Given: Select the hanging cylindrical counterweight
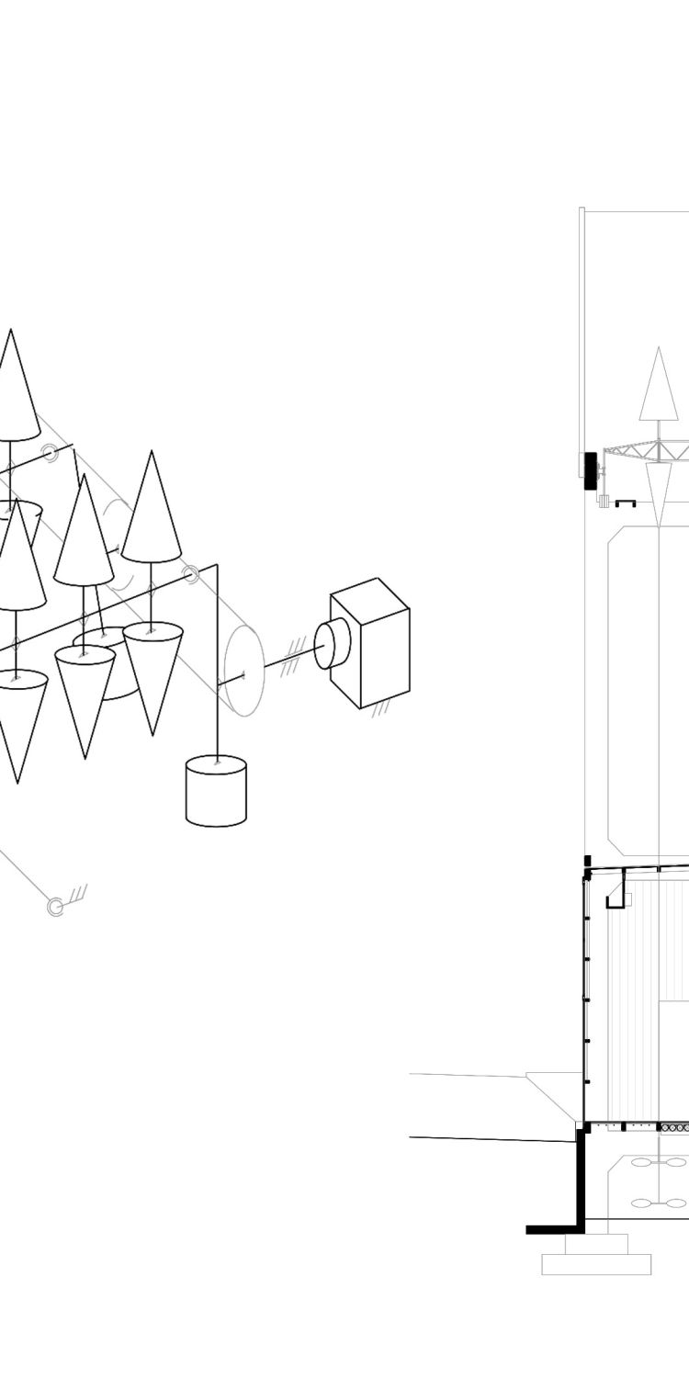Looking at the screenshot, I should tap(216, 791).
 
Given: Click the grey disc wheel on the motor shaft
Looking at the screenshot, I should tap(244, 671).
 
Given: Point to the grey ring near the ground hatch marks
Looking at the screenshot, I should tap(56, 907).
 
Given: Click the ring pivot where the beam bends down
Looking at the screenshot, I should tap(190, 575).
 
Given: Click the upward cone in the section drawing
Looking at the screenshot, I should tap(658, 386).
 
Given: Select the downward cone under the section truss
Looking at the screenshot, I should tap(659, 491).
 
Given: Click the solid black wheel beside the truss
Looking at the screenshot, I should tap(590, 470).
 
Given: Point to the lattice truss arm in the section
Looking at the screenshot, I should tap(643, 452).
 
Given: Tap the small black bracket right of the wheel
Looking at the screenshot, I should tap(626, 503).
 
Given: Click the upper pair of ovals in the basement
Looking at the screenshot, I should tap(659, 1162).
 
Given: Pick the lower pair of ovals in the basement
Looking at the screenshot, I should tap(659, 1203).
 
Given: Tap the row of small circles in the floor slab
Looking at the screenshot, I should tap(675, 1127).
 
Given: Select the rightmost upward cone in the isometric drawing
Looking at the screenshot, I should tap(151, 510).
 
